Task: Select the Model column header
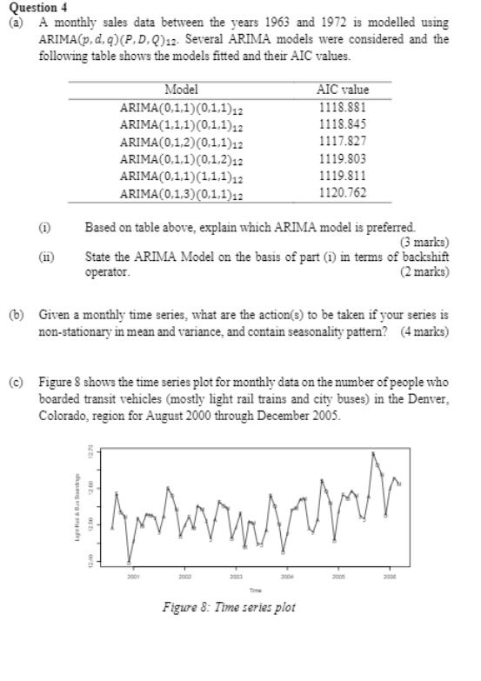[181, 90]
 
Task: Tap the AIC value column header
[344, 90]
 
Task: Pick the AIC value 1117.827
[344, 142]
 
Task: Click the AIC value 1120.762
[344, 194]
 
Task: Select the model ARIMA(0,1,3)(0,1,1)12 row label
[181, 194]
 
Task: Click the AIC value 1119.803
[344, 159]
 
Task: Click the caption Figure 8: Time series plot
[229, 607]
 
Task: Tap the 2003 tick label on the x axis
[235, 576]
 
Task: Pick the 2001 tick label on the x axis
[133, 576]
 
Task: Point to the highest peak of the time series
[373, 452]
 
